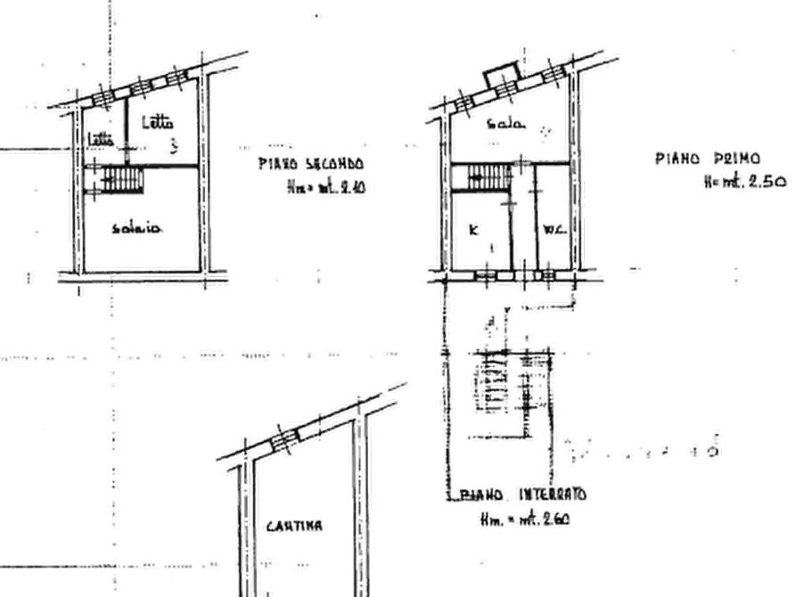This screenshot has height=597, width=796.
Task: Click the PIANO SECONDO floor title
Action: pyautogui.click(x=309, y=164)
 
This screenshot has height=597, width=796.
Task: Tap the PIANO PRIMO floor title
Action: pyautogui.click(x=707, y=159)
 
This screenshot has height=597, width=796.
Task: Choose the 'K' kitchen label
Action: pyautogui.click(x=473, y=230)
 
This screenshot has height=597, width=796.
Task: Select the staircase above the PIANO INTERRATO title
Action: pyautogui.click(x=502, y=383)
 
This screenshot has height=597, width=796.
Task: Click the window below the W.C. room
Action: pyautogui.click(x=538, y=276)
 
